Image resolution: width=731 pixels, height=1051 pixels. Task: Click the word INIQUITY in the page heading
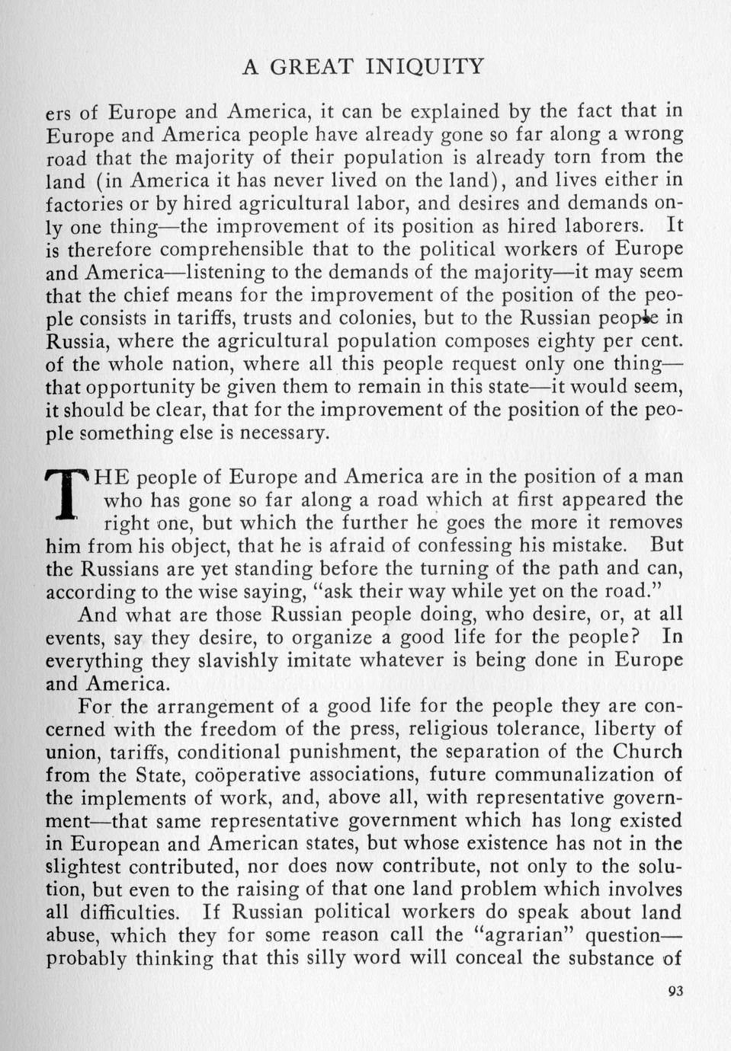(425, 67)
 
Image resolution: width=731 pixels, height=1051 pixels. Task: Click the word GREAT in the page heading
(313, 67)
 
